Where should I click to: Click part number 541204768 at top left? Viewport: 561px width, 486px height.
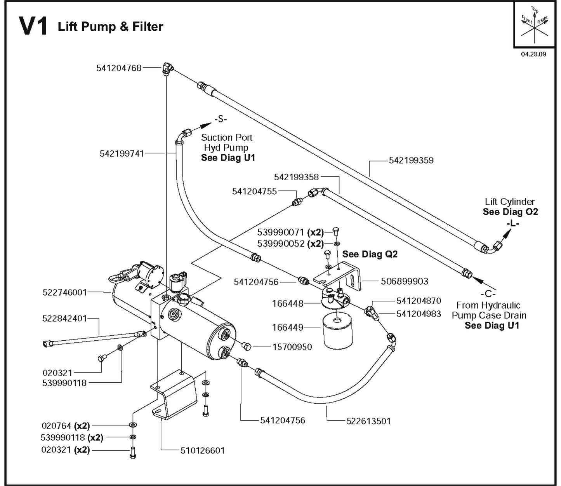pos(119,69)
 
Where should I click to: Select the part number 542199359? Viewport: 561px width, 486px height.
pos(411,160)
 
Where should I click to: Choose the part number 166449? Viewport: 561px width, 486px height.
pos(287,327)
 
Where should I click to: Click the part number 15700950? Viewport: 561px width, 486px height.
pos(292,347)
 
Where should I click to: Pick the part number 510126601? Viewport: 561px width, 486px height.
pos(202,451)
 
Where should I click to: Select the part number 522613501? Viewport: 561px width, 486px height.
pos(368,421)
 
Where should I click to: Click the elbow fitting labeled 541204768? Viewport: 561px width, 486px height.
pos(168,69)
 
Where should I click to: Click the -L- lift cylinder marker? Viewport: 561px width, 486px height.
pos(512,223)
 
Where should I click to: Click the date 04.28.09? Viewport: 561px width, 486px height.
pos(533,54)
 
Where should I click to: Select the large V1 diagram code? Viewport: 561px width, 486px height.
pos(33,26)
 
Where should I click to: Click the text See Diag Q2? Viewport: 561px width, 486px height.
pos(370,254)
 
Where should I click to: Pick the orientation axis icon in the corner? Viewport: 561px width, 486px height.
pos(534,24)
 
